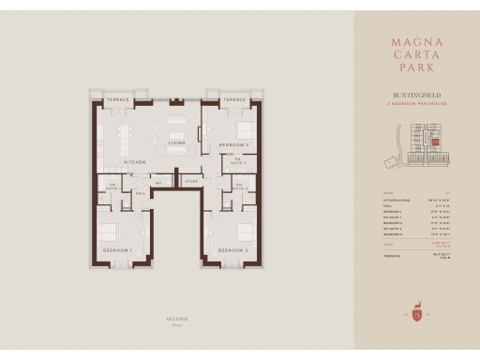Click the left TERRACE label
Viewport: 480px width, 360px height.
[117, 98]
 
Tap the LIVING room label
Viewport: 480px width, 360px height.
[176, 143]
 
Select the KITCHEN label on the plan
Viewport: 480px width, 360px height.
[135, 162]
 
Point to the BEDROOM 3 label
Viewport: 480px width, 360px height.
[233, 145]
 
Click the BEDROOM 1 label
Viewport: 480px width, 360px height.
[116, 251]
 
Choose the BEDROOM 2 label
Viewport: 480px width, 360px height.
[232, 251]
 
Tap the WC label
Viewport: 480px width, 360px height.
[159, 182]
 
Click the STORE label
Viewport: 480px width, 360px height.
[191, 182]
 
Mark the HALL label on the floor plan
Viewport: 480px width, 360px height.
[140, 194]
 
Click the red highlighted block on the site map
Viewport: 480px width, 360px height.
[434, 142]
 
